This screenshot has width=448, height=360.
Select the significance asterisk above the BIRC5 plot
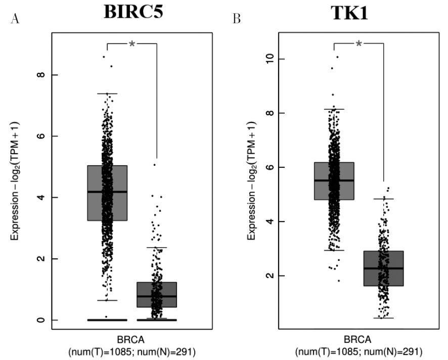tap(132, 44)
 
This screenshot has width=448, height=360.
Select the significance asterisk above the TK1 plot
tap(359, 44)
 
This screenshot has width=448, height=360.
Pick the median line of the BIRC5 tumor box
tap(107, 192)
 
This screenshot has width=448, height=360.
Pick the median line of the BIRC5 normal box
tap(157, 296)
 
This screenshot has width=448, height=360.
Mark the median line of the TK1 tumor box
tap(334, 181)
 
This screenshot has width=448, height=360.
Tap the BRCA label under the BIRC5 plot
tap(132, 339)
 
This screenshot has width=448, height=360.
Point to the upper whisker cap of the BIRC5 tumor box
tap(107, 94)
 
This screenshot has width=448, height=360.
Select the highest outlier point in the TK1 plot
tap(337, 57)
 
